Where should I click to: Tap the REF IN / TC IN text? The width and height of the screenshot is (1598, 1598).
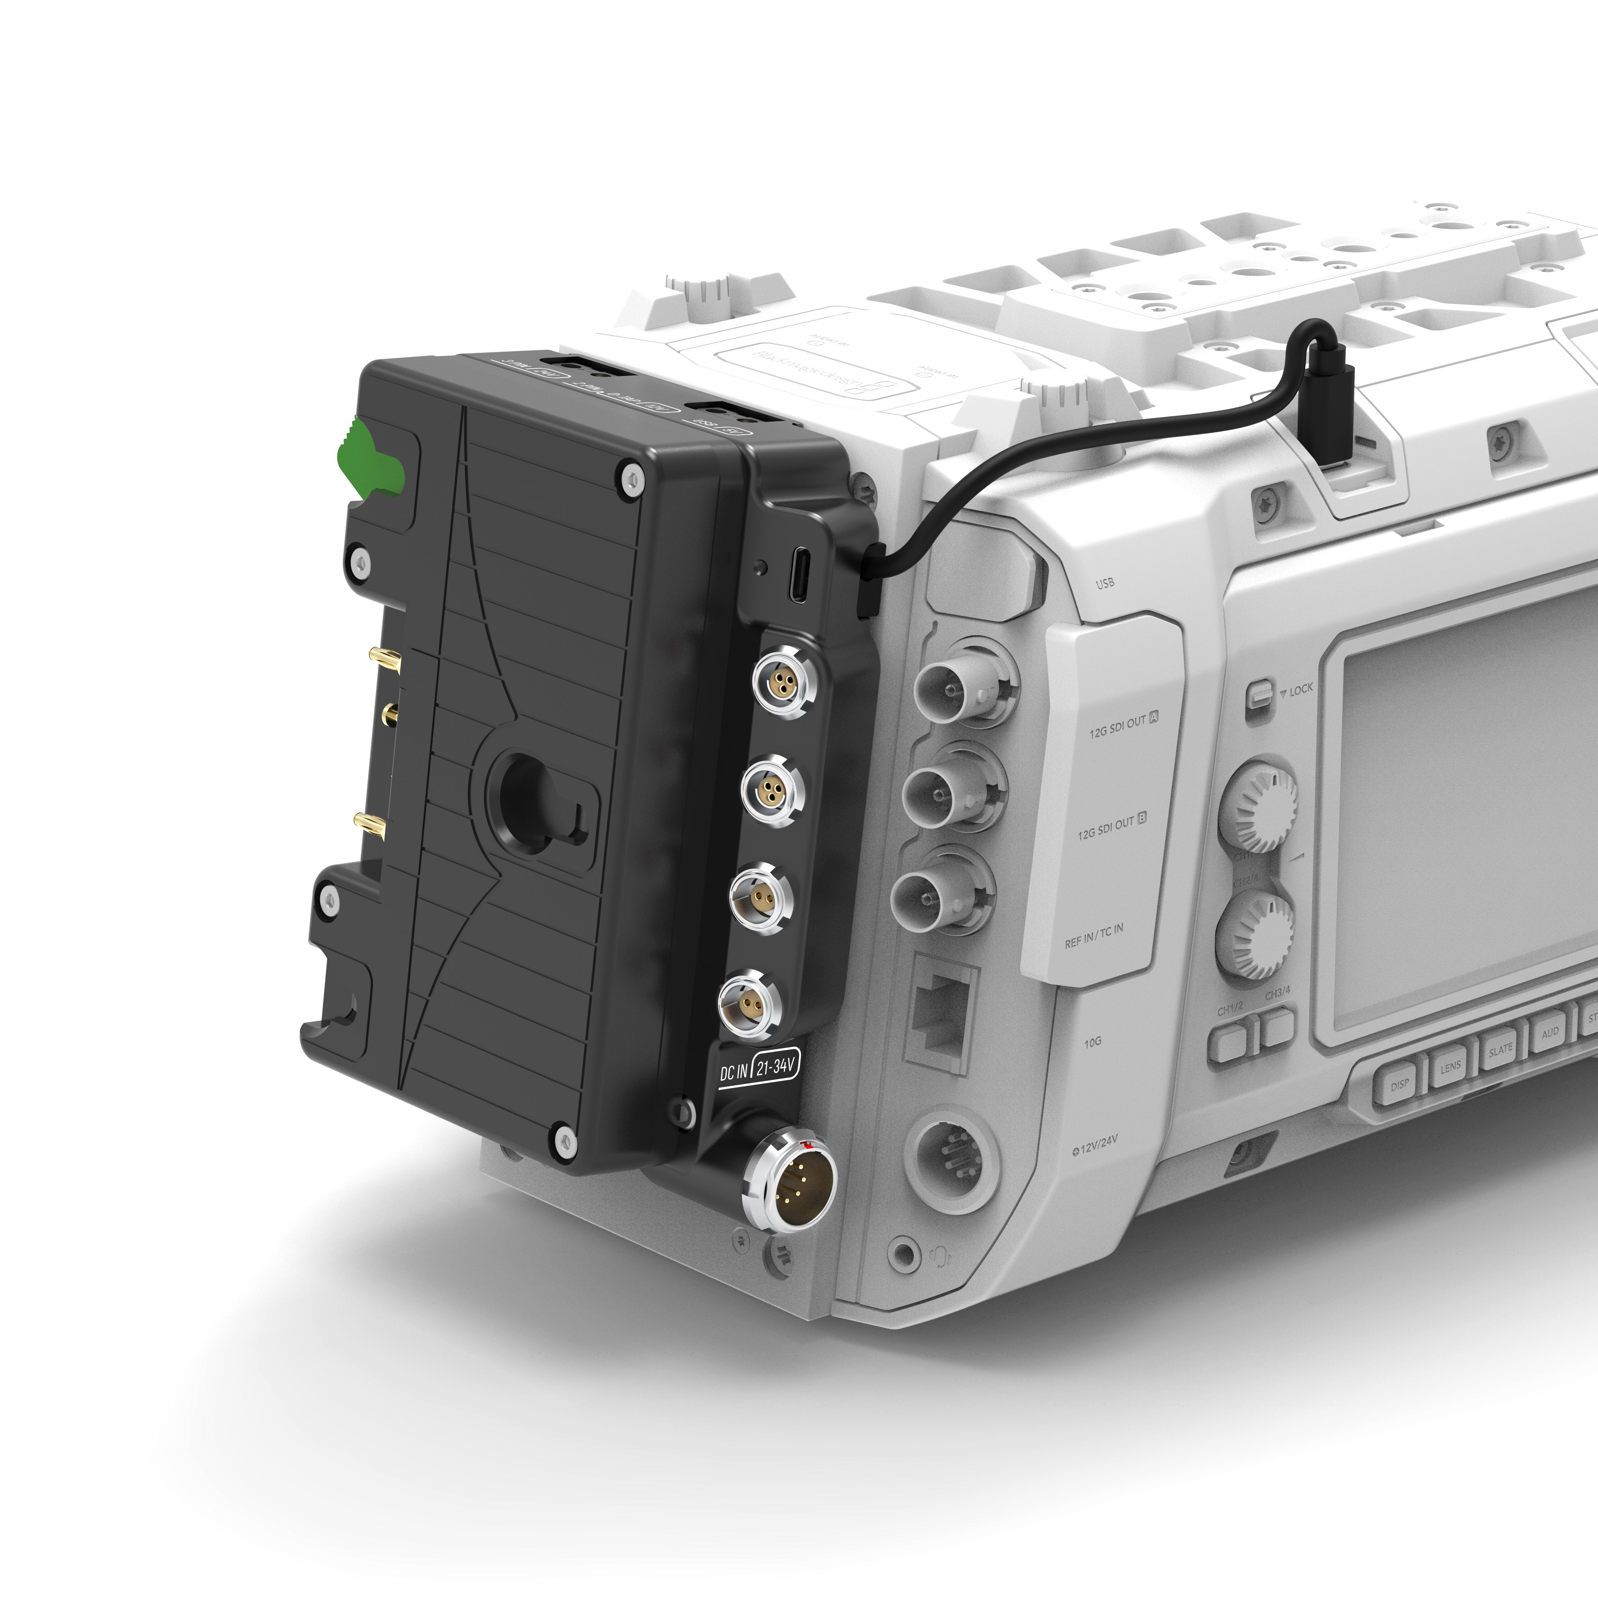tap(1093, 932)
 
